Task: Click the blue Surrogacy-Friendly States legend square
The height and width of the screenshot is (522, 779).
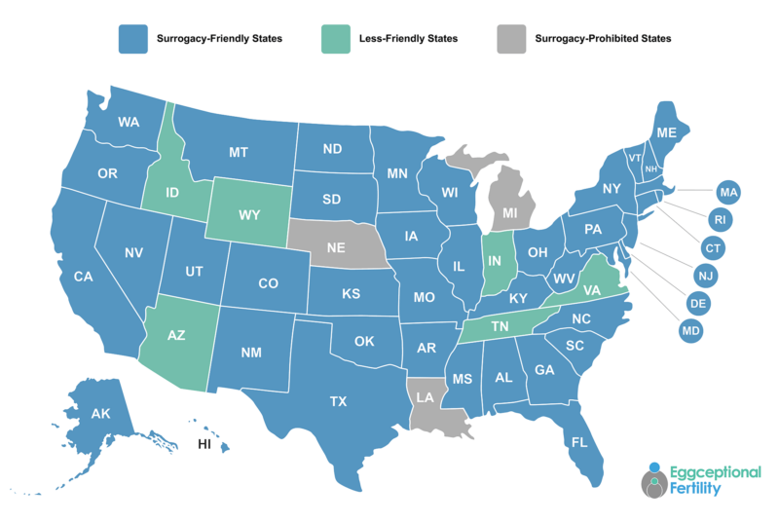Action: tap(130, 39)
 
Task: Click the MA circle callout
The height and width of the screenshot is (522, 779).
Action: tap(728, 191)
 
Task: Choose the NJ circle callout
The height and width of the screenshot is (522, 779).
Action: tap(706, 276)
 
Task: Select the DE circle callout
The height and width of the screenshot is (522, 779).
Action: tap(697, 304)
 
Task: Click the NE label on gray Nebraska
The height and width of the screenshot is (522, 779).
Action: tap(336, 247)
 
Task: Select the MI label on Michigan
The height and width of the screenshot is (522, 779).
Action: tap(508, 212)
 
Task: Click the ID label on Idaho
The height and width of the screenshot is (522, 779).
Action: tap(171, 193)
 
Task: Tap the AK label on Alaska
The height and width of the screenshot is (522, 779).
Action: tap(101, 414)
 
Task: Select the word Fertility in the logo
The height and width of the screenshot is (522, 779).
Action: tap(696, 489)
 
